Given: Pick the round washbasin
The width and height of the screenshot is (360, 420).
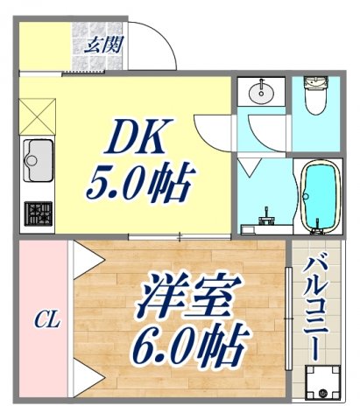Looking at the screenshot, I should tap(260, 92).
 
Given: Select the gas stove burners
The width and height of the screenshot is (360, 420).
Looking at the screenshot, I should tap(39, 213).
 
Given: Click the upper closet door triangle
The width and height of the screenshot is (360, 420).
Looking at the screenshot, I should tap(83, 258).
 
